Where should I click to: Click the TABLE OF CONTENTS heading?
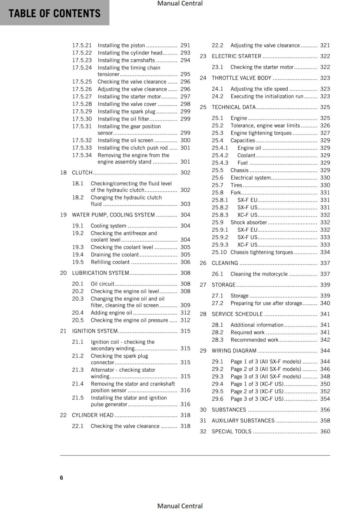pos(54,13)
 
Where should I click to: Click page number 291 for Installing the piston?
pos(185,45)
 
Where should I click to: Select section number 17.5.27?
pos(82,97)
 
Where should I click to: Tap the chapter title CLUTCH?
pos(82,172)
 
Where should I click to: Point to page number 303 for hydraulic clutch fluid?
pos(185,204)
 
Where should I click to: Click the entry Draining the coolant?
pos(115,255)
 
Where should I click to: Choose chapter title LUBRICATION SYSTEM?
pos(100,273)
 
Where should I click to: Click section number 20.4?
pos(77,313)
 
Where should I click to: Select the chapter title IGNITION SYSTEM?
pos(95,331)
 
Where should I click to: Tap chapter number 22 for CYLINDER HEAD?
pos(63,415)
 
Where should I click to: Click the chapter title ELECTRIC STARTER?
pos(236,56)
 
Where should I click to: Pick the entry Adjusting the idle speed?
pos(259,89)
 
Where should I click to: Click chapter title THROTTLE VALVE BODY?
pos(241,78)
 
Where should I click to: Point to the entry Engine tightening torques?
pos(261,133)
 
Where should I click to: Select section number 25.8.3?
pos(220,215)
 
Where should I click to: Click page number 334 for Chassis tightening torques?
pos(325,252)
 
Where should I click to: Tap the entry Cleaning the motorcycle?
pos(259,274)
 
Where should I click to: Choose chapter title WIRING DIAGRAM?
pos(234,351)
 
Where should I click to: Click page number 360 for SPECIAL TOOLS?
pos(325,431)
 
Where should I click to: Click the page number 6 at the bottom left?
pos(61,477)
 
